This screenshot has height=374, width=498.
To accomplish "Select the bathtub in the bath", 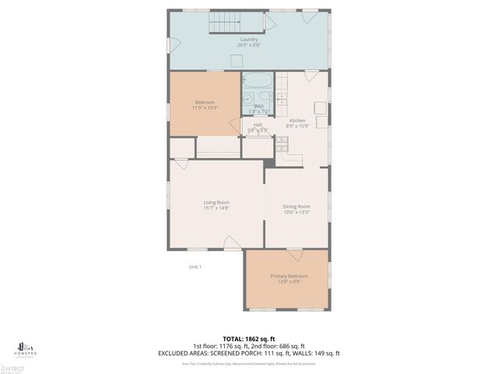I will [x=256, y=80].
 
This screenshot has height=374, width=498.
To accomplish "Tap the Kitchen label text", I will [x=297, y=120].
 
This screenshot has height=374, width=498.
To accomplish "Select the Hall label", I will [x=257, y=124].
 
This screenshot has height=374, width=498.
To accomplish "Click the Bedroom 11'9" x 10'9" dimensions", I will [x=205, y=108].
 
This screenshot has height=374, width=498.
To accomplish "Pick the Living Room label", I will [x=216, y=203].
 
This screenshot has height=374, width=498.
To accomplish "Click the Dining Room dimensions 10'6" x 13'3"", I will [x=297, y=212].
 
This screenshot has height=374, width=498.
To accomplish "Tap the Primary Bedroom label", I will [x=289, y=276].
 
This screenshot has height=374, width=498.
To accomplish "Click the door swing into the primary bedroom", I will [x=294, y=255].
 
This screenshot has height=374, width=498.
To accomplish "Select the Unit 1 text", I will [x=195, y=267].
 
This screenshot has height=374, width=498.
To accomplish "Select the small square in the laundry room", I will [x=268, y=23].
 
